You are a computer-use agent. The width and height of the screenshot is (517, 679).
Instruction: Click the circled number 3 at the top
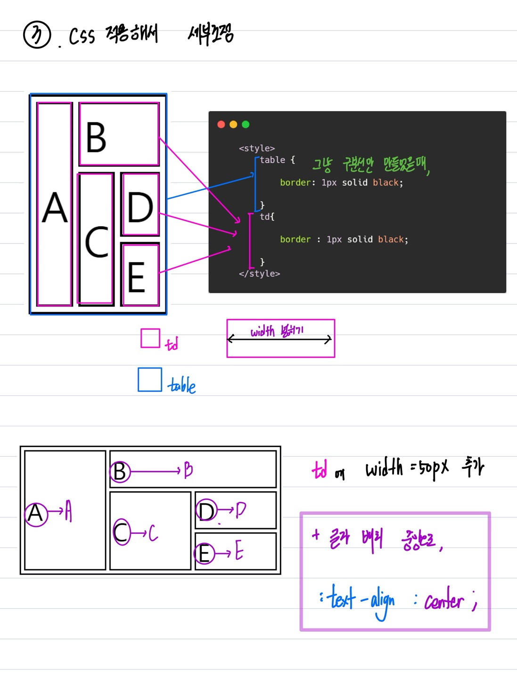tap(37, 35)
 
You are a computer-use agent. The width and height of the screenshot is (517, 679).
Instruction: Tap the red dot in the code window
tap(221, 124)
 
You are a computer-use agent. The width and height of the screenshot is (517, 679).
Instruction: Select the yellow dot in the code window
tap(233, 124)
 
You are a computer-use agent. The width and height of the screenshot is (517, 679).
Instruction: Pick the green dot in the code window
tap(246, 124)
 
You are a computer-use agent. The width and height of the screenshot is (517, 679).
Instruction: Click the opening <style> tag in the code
tap(257, 149)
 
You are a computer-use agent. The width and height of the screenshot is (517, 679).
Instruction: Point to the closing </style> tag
tap(259, 273)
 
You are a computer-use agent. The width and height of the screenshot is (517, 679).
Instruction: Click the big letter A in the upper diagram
tap(55, 207)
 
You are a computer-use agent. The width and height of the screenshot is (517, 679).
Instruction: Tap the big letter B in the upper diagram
tap(96, 137)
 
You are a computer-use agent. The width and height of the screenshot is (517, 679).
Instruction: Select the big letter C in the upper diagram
tap(97, 242)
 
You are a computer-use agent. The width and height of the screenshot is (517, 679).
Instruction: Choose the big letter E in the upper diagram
tap(136, 278)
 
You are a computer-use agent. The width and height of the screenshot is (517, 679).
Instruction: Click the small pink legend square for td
tap(150, 338)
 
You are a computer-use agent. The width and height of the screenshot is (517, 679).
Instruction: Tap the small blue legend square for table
tap(150, 380)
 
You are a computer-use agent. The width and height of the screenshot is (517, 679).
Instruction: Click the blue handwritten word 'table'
tap(182, 385)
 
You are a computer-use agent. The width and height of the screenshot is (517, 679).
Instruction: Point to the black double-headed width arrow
tap(280, 339)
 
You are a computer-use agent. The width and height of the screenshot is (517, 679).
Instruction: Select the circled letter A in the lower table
tap(36, 513)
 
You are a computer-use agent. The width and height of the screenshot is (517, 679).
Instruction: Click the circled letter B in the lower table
tap(120, 471)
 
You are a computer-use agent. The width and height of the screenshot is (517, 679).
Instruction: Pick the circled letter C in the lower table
tap(122, 532)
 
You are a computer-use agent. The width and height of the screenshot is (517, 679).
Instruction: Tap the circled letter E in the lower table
tap(204, 553)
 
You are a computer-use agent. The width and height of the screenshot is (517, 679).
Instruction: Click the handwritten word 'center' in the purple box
tap(444, 601)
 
